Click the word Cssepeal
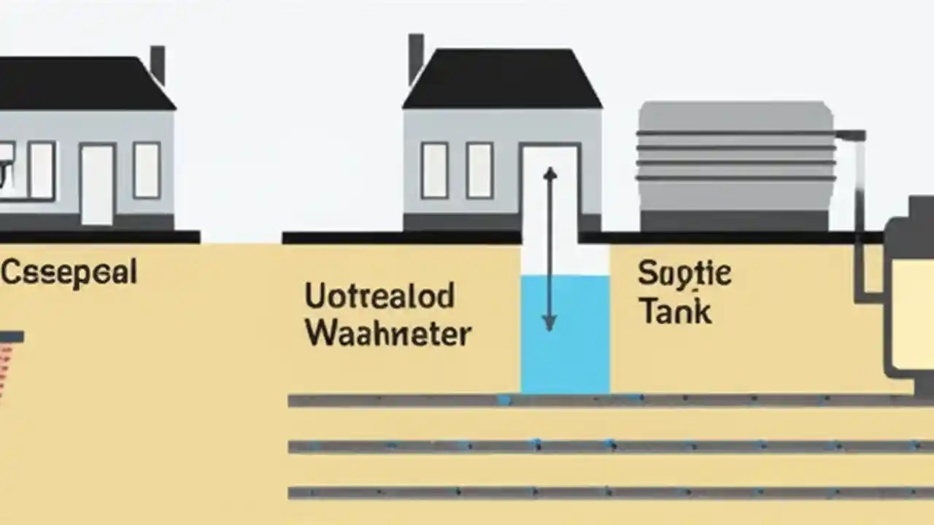tap(69, 273)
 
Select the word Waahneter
tap(387, 334)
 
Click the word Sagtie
tap(684, 275)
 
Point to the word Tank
tap(675, 311)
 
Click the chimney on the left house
tap(158, 64)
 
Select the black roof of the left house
tap(80, 84)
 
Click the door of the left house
tap(97, 184)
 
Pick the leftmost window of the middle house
tap(434, 170)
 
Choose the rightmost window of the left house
tap(147, 170)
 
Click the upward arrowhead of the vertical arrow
tap(550, 174)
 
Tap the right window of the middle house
tap(479, 170)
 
